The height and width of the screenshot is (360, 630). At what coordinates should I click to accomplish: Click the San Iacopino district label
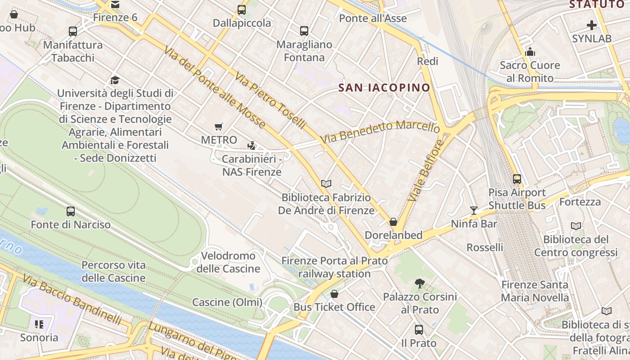[x=384, y=88]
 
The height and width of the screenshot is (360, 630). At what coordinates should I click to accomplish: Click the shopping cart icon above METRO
[x=219, y=127]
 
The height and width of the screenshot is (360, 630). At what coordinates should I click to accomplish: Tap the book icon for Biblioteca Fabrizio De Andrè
[x=326, y=184]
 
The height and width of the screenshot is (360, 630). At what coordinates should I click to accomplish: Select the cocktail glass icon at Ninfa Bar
[x=473, y=210]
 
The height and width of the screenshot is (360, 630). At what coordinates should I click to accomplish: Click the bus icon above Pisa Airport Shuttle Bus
[x=517, y=179]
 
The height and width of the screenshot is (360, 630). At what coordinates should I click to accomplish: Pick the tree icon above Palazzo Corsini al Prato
[x=420, y=283]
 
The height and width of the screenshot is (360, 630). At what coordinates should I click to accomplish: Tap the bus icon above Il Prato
[x=419, y=330]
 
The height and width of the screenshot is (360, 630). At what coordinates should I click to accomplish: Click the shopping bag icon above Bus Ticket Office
[x=334, y=294]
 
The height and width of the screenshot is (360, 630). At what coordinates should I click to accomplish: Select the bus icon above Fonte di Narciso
[x=71, y=211]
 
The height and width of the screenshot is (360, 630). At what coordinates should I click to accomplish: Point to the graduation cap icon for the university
[x=115, y=80]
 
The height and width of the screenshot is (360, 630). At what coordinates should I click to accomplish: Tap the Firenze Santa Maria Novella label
[x=535, y=291]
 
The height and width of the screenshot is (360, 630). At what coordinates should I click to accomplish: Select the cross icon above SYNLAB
[x=592, y=26]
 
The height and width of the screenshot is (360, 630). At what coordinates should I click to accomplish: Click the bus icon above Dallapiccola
[x=242, y=9]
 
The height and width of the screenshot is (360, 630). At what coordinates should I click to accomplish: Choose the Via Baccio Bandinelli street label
[x=72, y=300]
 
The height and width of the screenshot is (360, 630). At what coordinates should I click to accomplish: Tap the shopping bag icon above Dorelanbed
[x=393, y=222]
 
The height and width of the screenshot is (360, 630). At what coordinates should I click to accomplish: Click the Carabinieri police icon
[x=252, y=145]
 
